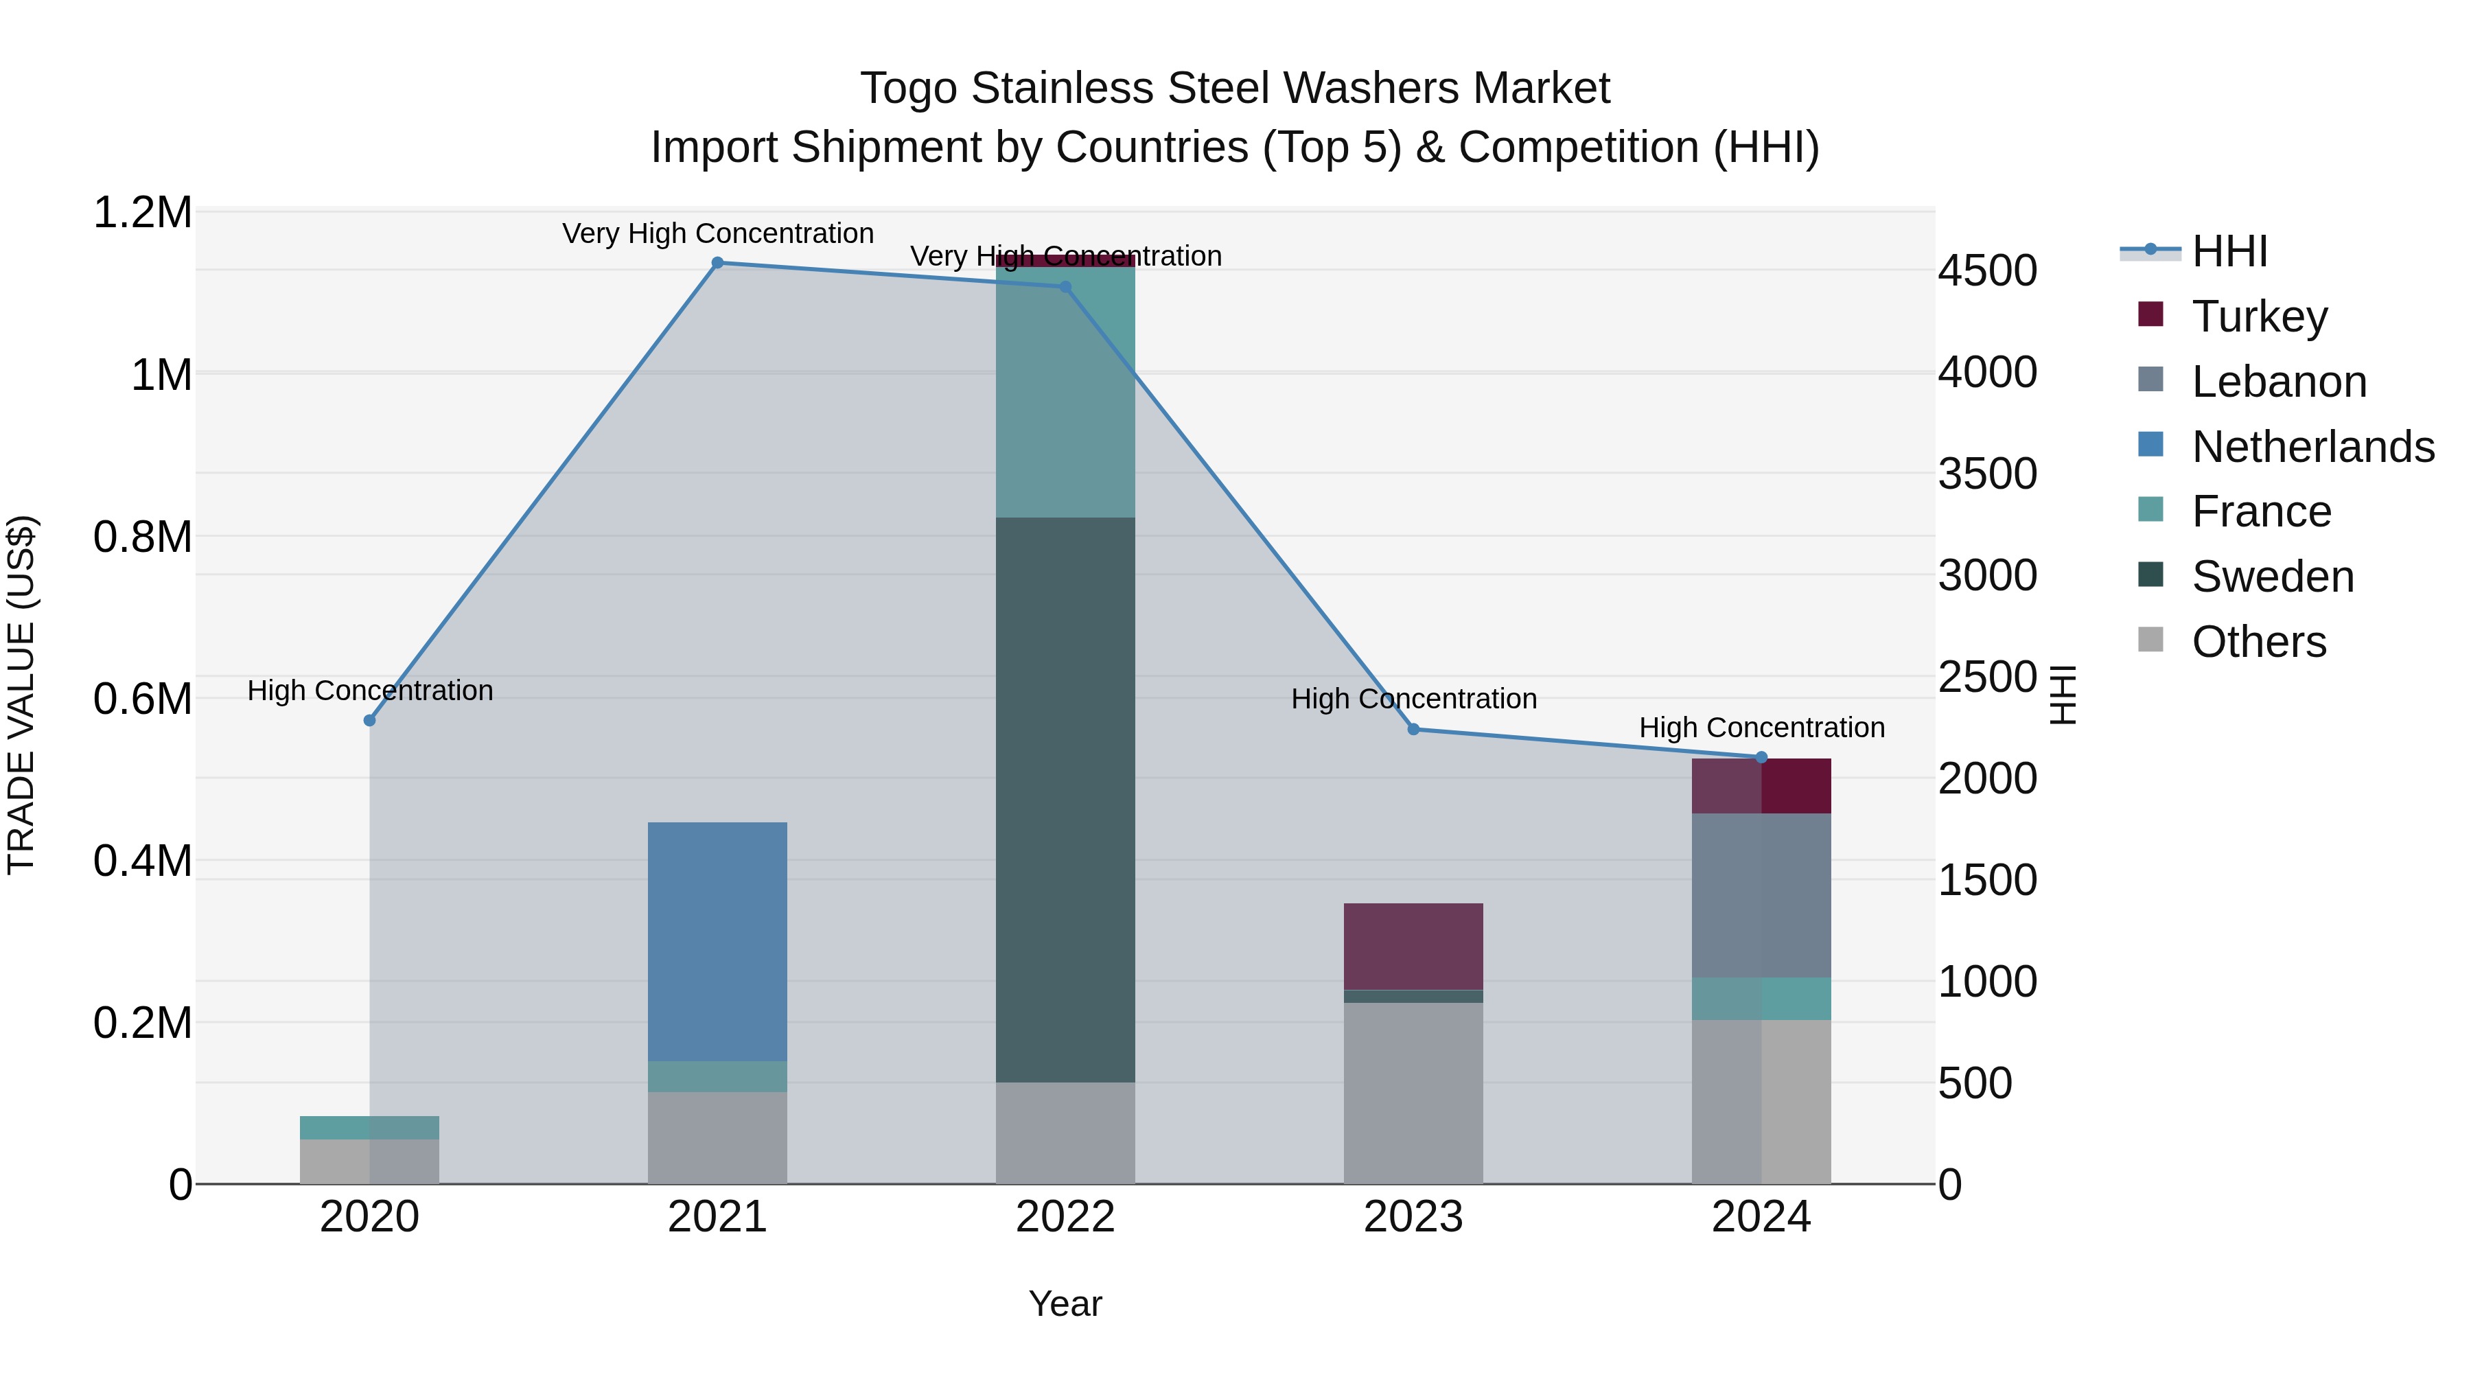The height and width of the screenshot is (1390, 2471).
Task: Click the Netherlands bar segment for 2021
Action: point(717,941)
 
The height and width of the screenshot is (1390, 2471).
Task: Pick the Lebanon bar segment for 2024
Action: point(1761,895)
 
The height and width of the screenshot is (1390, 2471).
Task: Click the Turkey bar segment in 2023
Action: point(1413,946)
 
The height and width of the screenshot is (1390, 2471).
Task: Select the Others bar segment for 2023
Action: point(1413,1093)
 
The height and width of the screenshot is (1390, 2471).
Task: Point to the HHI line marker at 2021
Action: point(717,263)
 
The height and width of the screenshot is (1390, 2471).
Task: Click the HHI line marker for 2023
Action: point(1413,729)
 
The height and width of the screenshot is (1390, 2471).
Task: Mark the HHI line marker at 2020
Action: point(369,721)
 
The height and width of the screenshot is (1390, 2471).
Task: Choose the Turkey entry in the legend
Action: point(2259,316)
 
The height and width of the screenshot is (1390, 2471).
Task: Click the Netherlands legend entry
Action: point(2312,447)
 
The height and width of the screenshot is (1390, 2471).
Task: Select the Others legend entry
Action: point(2259,642)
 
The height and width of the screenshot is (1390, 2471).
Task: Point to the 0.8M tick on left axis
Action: point(142,537)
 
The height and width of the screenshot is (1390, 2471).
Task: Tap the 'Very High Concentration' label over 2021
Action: point(717,233)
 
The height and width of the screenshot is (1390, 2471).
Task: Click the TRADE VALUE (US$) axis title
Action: point(21,695)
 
